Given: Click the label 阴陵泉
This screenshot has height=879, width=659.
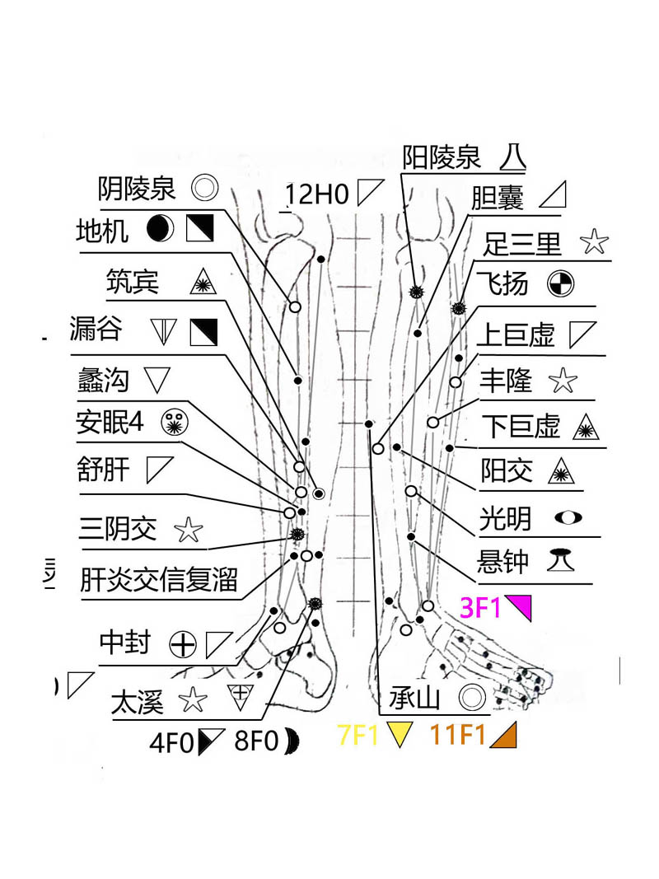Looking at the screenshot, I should (x=137, y=189).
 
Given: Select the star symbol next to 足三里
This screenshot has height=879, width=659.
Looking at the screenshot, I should (x=594, y=243).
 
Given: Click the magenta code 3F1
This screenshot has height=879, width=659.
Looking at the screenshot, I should (x=480, y=608).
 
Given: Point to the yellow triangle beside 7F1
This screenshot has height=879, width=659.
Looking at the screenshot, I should (x=399, y=734).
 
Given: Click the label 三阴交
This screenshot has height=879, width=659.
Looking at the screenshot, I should (x=118, y=529).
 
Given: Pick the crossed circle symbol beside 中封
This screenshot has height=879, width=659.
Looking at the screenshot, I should (x=182, y=643).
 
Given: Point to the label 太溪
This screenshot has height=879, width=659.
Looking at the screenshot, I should (x=138, y=703).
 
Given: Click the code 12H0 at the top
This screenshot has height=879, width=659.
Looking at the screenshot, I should (x=318, y=195).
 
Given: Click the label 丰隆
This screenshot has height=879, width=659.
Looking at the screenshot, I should (x=506, y=381).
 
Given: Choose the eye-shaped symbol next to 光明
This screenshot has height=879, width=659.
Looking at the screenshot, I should (x=568, y=517).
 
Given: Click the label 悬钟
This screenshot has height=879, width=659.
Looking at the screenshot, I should (x=503, y=563).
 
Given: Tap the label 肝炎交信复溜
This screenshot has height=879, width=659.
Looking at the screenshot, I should (x=158, y=580).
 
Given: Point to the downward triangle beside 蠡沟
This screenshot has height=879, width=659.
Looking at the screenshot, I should (x=157, y=380).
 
